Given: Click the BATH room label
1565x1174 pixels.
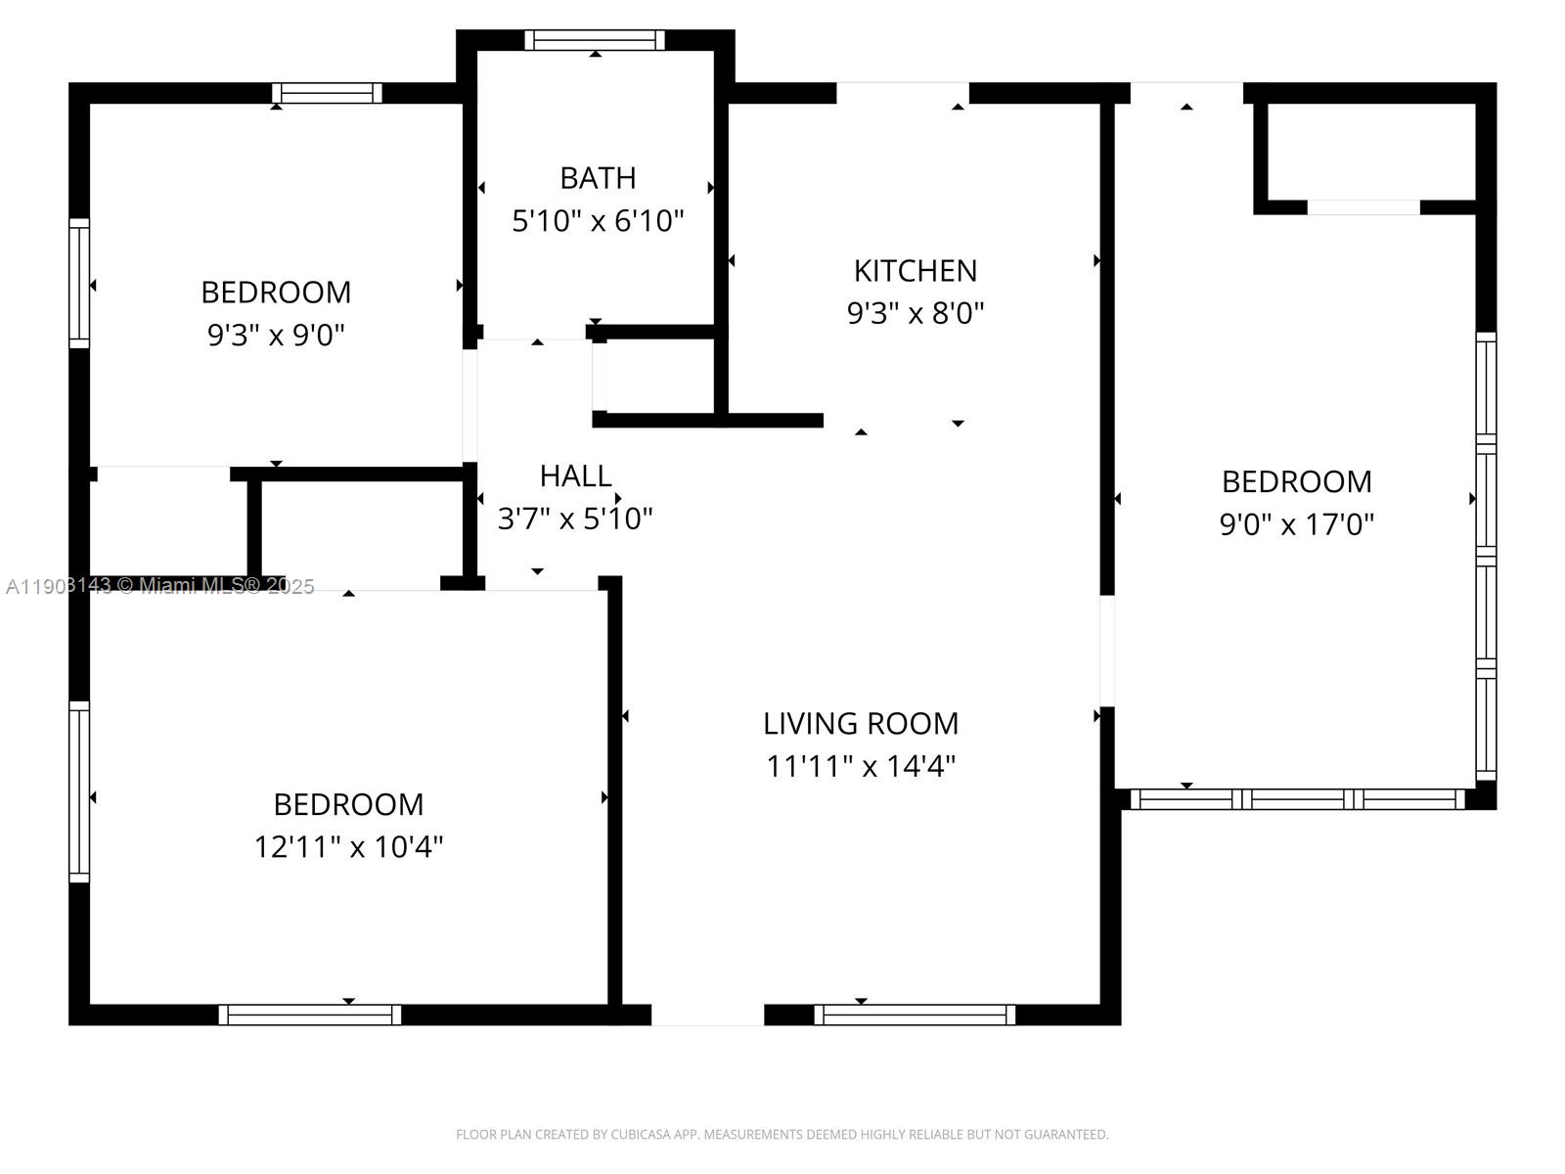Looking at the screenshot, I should click(x=598, y=178).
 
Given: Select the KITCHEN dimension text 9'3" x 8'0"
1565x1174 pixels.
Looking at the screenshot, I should click(x=915, y=313).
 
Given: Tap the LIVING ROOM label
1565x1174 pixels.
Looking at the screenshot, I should click(x=861, y=723).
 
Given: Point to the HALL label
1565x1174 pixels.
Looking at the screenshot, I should click(x=575, y=475).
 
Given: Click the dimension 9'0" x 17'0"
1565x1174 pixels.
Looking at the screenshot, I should click(x=1296, y=524).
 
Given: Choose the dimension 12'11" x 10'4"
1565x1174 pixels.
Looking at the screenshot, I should click(x=349, y=846).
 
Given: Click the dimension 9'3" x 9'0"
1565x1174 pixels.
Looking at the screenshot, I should click(x=276, y=336).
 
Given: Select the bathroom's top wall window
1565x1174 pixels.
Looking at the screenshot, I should click(x=595, y=40).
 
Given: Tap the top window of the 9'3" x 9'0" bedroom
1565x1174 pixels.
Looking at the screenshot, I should click(x=327, y=93).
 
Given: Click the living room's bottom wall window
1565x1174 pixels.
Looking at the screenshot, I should click(x=915, y=1015).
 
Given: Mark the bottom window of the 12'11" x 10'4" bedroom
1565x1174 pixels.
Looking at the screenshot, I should click(x=310, y=1015).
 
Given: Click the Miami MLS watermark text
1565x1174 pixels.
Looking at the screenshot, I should click(x=159, y=586).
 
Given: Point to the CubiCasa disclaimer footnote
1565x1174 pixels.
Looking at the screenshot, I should click(x=782, y=1135).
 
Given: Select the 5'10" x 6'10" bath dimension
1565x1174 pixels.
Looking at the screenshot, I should click(x=598, y=221).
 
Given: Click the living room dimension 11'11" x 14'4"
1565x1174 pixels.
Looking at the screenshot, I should click(x=861, y=766).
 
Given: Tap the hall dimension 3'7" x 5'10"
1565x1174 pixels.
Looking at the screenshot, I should click(x=575, y=519).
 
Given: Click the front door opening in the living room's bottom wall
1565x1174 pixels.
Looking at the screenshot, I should click(x=707, y=1015).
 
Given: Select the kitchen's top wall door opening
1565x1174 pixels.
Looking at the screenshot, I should click(x=902, y=93).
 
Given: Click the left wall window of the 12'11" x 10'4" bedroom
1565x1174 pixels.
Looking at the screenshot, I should click(x=79, y=791).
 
